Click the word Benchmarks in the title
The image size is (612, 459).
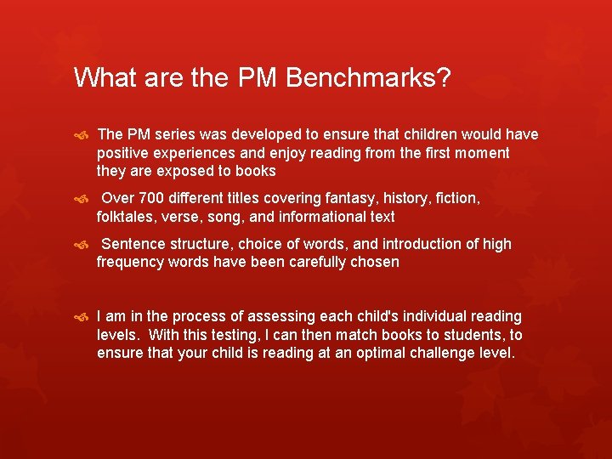pos(368,78)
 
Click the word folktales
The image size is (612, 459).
pos(127,217)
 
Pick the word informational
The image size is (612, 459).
pos(321,217)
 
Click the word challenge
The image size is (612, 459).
pos(432,353)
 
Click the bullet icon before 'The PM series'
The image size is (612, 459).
pos(81,135)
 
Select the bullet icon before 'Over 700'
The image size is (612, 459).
pos(81,199)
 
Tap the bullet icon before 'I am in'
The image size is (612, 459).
pos(81,317)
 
